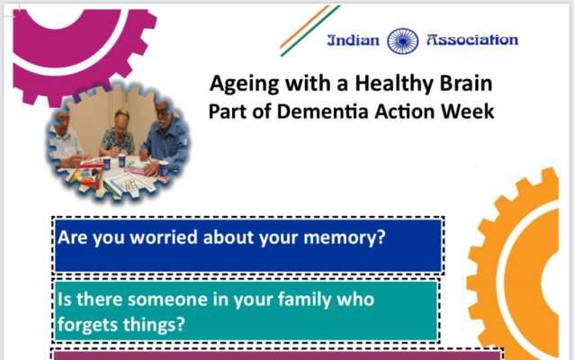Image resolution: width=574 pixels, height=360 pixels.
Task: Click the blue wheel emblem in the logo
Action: click(x=403, y=41)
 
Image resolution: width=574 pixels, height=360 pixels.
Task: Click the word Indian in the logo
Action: click(x=354, y=40)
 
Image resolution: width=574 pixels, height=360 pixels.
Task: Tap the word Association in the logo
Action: click(x=472, y=40)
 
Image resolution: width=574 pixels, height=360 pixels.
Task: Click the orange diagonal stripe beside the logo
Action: click(x=305, y=26)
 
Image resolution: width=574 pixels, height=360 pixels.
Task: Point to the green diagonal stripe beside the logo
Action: click(x=310, y=31)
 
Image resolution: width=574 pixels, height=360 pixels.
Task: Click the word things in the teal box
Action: click(x=154, y=325)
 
